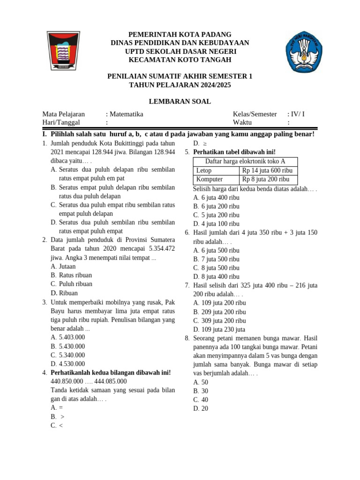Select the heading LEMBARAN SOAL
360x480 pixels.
[180, 101]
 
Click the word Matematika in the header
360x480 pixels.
[126, 114]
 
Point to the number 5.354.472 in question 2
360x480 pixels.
[159, 248]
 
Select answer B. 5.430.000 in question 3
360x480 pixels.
[68, 346]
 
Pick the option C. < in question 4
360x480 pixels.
[57, 425]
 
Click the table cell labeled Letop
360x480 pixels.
[204, 170]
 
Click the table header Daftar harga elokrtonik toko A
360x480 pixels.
[245, 161]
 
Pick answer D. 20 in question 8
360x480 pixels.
[201, 408]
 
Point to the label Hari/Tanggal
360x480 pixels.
[61, 122]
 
